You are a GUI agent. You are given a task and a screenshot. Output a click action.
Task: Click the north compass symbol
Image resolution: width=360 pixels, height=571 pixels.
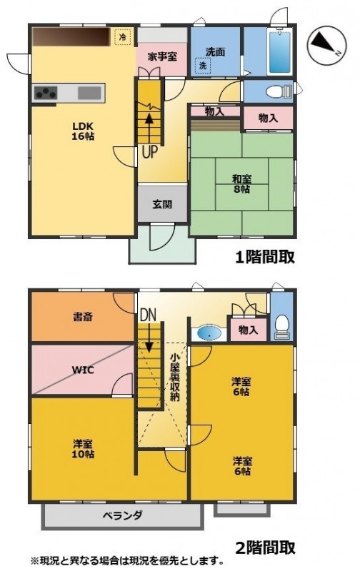click(326, 46)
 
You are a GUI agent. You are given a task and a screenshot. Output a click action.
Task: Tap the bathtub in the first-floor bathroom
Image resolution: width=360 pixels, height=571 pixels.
click(279, 52)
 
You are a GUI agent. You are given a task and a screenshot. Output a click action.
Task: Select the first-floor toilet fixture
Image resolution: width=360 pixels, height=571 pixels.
click(279, 91)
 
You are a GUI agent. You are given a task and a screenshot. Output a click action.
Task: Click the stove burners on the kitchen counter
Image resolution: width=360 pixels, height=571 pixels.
click(46, 93)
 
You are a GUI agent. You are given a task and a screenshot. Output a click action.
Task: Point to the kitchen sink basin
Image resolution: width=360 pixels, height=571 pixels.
click(89, 93)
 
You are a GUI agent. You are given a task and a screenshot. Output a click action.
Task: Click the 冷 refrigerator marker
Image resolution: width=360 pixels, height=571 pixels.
click(123, 37)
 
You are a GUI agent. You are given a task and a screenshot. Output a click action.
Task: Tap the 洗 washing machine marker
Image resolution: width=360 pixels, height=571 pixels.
click(203, 66)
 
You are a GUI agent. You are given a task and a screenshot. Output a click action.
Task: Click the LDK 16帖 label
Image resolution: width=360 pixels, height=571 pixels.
click(84, 131)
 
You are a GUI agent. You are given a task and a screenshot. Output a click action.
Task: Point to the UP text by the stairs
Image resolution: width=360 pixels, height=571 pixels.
click(149, 152)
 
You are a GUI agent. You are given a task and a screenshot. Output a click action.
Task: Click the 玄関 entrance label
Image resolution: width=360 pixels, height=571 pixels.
click(162, 204)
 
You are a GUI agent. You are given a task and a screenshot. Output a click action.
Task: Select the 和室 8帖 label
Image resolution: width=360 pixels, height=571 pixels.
click(241, 184)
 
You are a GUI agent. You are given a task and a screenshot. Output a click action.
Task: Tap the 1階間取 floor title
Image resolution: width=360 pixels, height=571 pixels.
click(265, 257)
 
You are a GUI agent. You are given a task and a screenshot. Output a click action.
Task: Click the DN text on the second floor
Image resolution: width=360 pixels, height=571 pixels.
click(149, 315)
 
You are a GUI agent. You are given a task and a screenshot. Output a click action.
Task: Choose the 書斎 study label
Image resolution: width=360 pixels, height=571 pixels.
click(83, 317)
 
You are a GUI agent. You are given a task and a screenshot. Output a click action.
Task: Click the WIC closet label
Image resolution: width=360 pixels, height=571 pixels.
click(83, 370)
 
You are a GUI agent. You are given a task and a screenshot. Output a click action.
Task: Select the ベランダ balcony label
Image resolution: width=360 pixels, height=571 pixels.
click(122, 515)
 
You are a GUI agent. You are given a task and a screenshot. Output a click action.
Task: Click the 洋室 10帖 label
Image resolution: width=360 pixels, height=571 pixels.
click(84, 449)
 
